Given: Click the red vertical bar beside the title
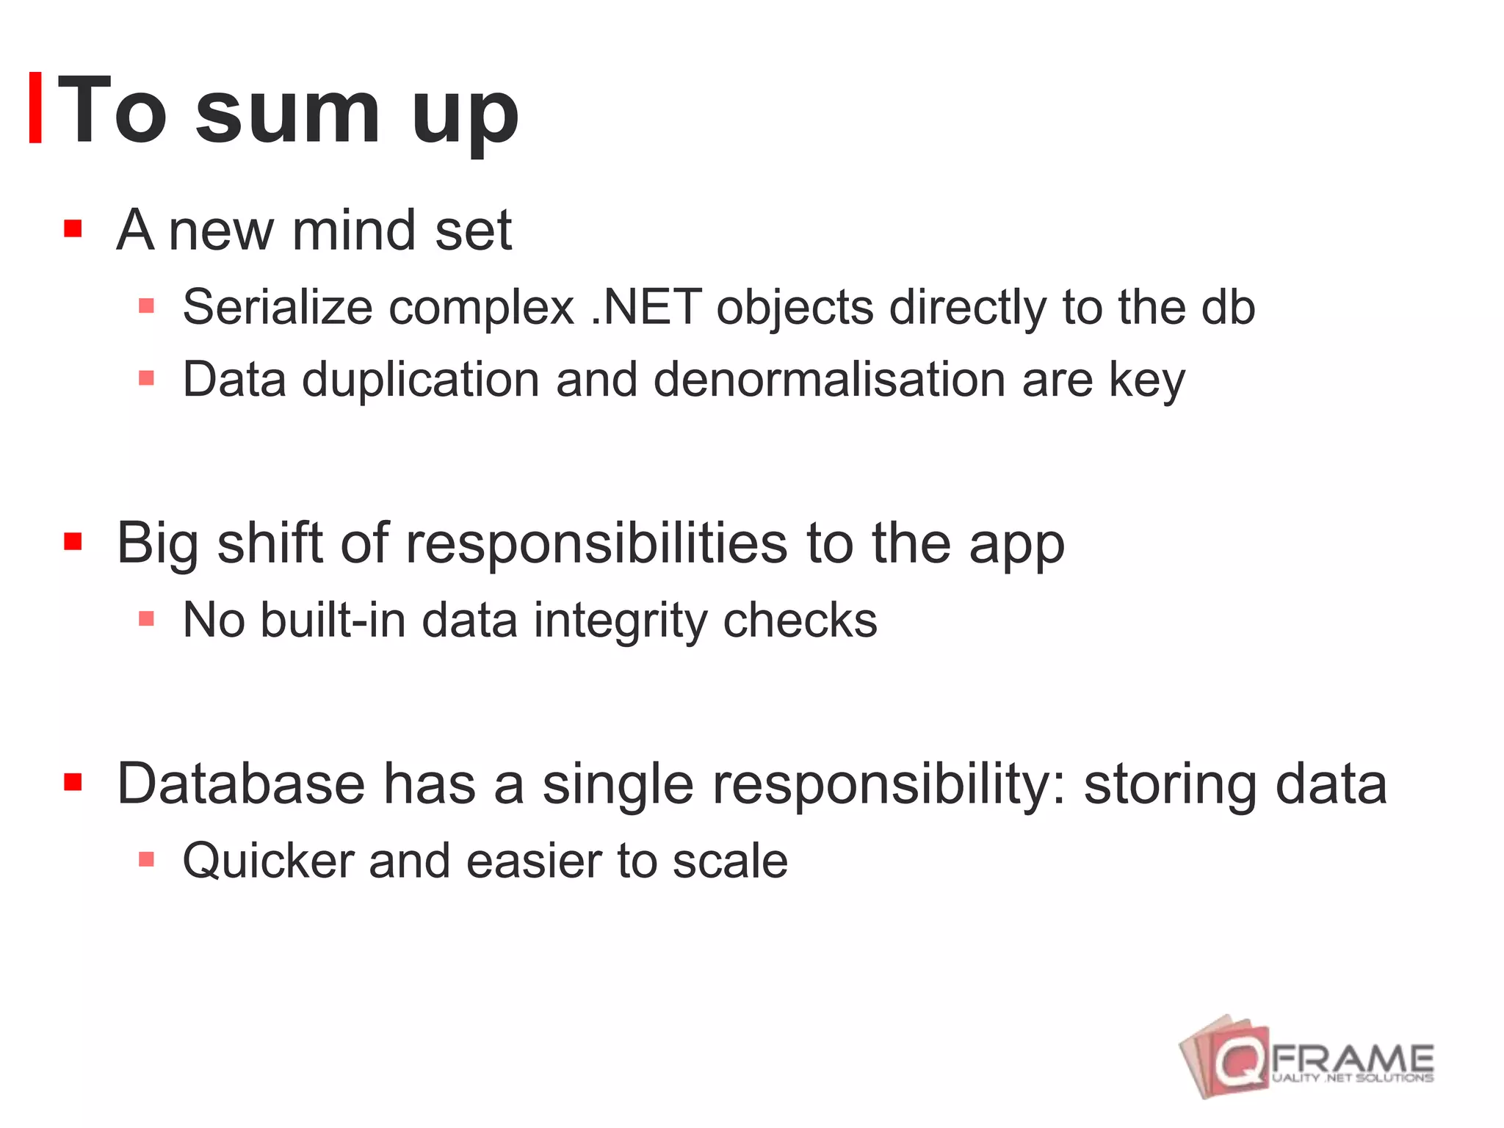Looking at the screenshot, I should [x=35, y=107].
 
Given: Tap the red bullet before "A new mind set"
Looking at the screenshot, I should [x=72, y=228].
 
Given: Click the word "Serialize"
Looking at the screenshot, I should [x=278, y=307].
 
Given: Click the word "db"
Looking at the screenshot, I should [x=1228, y=307].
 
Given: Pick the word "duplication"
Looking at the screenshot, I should [x=421, y=380].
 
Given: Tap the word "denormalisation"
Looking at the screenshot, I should [x=829, y=380].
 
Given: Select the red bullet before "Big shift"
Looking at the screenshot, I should [x=72, y=542].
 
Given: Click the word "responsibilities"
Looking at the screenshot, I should [x=596, y=545].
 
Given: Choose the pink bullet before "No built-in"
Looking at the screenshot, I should [x=146, y=619].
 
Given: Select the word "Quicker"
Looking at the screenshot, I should [x=268, y=861].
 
